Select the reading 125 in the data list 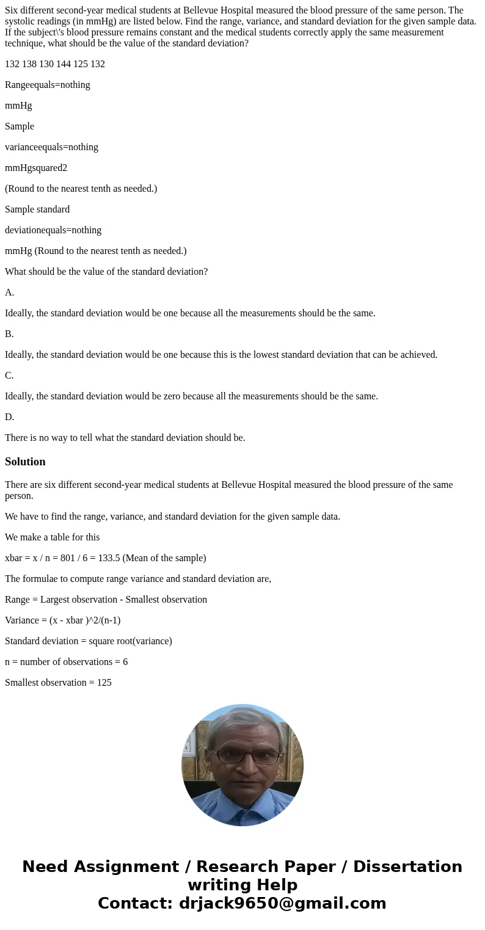[x=81, y=64]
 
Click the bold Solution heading [x=25, y=462]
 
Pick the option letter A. [x=9, y=292]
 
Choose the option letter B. [x=9, y=334]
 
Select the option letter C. [x=9, y=376]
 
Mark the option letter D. [x=9, y=417]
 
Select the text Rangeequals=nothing [x=48, y=85]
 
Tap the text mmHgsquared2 [x=36, y=168]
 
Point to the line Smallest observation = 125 [x=58, y=683]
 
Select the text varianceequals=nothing [x=51, y=147]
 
